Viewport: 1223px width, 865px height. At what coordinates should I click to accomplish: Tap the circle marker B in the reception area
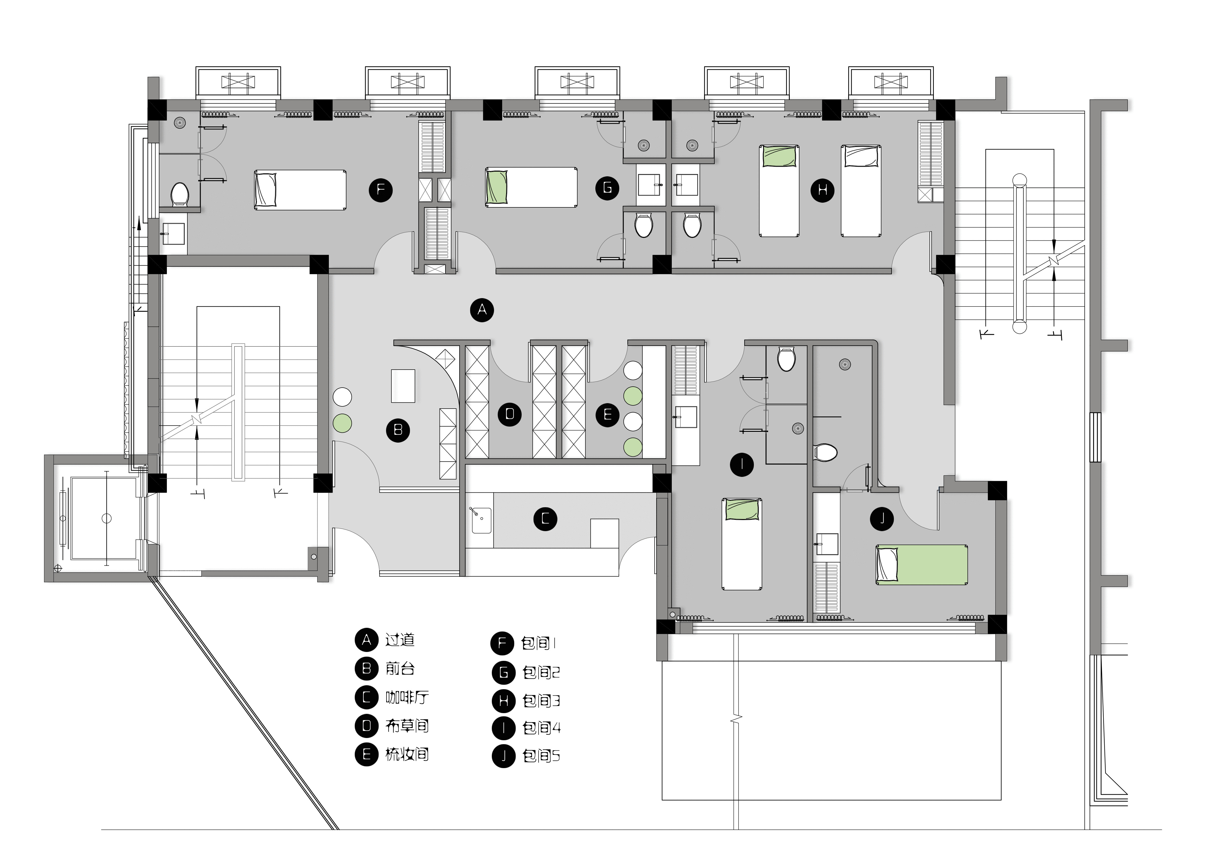coord(398,430)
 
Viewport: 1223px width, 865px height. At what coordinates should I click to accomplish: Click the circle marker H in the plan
coord(822,190)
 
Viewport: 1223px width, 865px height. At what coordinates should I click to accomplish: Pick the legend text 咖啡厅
coord(407,697)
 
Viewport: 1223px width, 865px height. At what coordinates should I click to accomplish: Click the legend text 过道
coord(400,640)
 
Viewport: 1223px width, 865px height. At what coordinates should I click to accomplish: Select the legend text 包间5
coord(541,756)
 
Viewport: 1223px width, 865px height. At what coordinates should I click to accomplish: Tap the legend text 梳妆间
coord(407,754)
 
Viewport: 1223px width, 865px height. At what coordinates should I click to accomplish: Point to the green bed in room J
coord(922,565)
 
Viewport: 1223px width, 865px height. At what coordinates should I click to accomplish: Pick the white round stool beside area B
coord(342,397)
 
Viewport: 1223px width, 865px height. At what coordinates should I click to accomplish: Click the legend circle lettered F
coord(502,643)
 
